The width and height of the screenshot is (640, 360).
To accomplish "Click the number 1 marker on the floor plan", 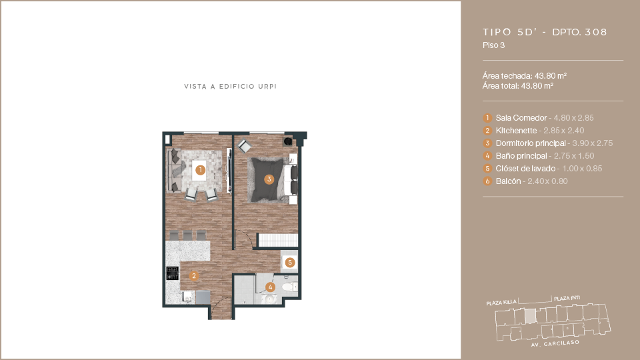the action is tap(200, 170).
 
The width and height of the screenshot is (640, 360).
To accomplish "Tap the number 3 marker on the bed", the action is tap(269, 179).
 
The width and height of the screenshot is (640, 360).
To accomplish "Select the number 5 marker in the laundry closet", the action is tap(290, 263).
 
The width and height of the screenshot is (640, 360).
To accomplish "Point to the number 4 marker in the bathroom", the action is tap(270, 287).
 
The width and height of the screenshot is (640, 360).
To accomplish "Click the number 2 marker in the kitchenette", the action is tap(194, 276).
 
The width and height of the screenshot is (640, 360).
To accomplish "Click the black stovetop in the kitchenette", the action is tap(172, 273).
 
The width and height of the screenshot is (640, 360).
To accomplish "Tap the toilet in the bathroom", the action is tap(289, 287).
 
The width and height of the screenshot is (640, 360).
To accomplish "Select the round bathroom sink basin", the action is tap(269, 299).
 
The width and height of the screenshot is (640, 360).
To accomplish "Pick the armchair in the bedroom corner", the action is tap(245, 146).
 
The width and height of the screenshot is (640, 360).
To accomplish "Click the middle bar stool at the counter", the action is tap(187, 235).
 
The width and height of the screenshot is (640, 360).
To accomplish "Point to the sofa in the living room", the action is tap(174, 171).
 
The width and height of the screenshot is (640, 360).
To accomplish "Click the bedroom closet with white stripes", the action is tap(278, 240).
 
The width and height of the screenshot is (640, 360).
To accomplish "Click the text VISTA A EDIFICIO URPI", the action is tap(230, 87).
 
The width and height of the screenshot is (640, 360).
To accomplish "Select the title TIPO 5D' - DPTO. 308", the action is tap(545, 32).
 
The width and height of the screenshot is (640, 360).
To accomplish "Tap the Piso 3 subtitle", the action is tap(493, 45).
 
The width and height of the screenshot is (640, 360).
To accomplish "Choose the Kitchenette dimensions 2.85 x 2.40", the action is tap(564, 131).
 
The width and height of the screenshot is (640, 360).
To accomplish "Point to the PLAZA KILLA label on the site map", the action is tap(501, 303).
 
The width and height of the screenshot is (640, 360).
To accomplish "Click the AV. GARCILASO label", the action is tap(555, 343).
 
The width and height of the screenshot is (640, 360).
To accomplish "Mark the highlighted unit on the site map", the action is tap(530, 315).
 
